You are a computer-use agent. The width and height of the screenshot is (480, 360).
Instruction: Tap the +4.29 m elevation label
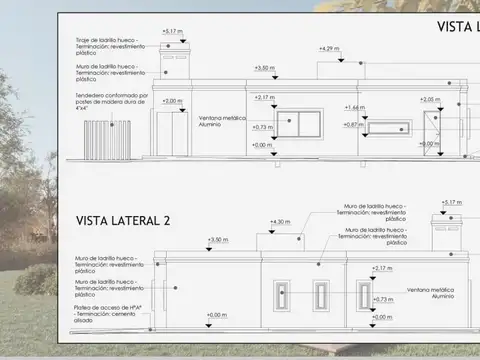328,48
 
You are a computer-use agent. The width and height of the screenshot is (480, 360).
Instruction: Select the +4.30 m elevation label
280,222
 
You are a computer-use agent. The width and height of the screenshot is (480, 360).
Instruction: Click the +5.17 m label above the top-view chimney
172,32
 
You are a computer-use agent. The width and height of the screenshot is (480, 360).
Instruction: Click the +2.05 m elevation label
430,99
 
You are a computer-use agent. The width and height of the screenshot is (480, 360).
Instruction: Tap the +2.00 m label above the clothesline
173,101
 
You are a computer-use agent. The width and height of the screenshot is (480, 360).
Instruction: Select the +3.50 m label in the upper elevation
264,68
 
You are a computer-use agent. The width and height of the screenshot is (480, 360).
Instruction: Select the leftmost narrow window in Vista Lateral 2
284,296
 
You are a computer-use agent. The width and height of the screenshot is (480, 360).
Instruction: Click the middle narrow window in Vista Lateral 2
321,295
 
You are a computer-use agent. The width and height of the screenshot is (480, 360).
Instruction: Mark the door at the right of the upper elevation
433,133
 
